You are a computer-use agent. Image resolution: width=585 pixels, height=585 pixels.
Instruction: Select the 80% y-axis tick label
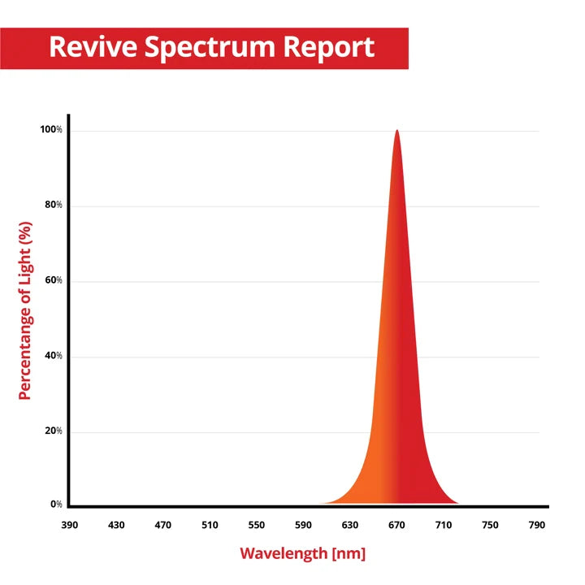(x=53, y=206)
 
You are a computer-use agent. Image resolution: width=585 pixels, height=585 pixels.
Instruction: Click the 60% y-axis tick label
(x=53, y=281)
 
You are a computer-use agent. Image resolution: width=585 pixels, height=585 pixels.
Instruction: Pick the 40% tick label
(x=53, y=356)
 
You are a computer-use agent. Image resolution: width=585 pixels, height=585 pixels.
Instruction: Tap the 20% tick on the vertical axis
(x=53, y=431)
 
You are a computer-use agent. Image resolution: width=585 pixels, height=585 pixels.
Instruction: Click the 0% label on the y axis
(x=56, y=505)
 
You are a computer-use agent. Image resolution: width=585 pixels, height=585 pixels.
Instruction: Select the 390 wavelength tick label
(x=70, y=525)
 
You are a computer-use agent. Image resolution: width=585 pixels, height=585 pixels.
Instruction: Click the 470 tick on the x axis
(x=163, y=525)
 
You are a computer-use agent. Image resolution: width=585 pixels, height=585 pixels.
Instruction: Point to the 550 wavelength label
(x=257, y=525)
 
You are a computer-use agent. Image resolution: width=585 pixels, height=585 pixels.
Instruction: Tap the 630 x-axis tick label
(x=350, y=525)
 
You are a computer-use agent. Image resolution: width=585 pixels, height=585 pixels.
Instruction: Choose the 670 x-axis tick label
(x=396, y=525)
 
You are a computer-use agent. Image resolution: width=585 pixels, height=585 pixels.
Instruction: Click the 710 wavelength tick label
(x=444, y=525)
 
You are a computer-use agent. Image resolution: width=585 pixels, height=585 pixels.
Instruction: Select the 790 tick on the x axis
(x=537, y=525)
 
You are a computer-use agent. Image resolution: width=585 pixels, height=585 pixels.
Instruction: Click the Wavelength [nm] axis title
(x=302, y=554)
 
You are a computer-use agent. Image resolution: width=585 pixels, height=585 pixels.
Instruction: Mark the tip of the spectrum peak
(x=396, y=131)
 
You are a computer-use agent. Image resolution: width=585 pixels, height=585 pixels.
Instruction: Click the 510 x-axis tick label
(x=210, y=525)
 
